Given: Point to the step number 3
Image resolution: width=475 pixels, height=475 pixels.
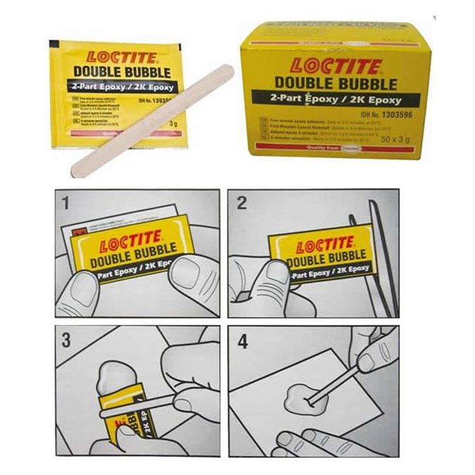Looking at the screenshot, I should (x=66, y=341).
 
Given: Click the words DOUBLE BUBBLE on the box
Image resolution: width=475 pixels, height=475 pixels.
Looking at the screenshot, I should (x=334, y=83).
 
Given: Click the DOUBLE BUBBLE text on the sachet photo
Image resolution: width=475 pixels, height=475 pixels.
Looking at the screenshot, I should (x=118, y=73).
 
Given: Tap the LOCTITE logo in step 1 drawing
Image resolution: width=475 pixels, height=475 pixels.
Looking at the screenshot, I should (x=131, y=243).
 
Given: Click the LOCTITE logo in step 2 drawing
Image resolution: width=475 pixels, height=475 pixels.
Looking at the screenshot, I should (x=324, y=247).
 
